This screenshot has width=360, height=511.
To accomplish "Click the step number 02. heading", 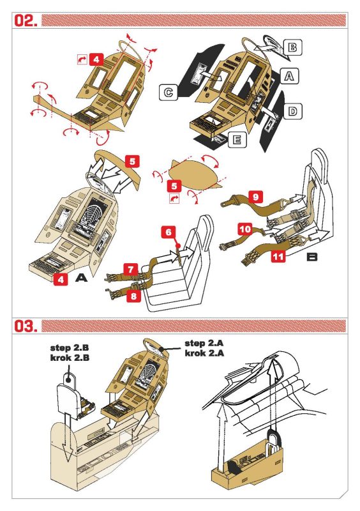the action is pos(26,20).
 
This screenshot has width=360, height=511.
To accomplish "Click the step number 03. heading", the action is pos(26,326).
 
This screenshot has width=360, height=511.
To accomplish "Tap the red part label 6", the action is pos(169,232).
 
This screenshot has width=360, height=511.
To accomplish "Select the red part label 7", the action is pos(131,270).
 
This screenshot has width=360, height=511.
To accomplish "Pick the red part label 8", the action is pos(133,296).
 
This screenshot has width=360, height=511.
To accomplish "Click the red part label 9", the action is pos(255,197).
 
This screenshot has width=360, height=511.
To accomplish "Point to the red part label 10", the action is pos(245,229).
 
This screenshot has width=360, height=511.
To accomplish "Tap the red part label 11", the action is pos(278,256).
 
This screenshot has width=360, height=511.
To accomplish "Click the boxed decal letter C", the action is pos(169,92).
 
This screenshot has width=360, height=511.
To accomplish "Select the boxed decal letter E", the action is pos(237,139).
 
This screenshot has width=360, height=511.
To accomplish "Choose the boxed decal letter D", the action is pos(292,111).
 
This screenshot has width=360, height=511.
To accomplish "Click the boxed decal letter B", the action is pos(292,47).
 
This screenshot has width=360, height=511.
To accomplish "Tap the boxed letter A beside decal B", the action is pos(289,76).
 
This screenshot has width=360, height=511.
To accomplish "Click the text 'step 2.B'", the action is pos(70,347).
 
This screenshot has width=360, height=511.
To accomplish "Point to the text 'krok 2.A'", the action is pos(204,353).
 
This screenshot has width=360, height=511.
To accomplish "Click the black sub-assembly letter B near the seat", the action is pos(311,257).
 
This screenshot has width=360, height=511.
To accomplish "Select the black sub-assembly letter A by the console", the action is pos(81,278).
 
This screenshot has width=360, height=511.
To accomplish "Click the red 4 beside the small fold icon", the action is pos(96,59).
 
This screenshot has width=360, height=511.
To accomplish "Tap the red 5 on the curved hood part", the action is pos(132,162).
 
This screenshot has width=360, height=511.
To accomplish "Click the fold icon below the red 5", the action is pos(174,199).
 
